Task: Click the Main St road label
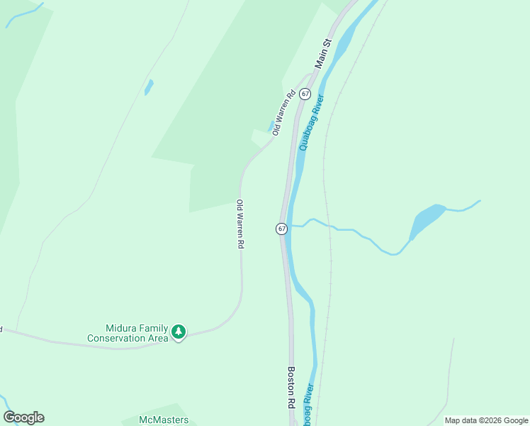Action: (323, 54)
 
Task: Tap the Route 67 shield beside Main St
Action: (305, 94)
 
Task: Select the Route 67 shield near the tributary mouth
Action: (281, 229)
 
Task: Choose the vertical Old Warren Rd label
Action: (240, 224)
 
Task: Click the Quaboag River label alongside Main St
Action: (312, 122)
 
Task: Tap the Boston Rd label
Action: (291, 387)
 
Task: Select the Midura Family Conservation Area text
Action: (128, 333)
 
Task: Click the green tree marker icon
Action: (179, 332)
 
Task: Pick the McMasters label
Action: (164, 420)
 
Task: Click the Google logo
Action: (23, 417)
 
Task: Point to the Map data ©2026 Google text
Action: (486, 420)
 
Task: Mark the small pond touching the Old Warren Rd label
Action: (271, 127)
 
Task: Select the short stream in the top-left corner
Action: (23, 16)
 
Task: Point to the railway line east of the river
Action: (327, 213)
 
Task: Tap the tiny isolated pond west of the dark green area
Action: (149, 87)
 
